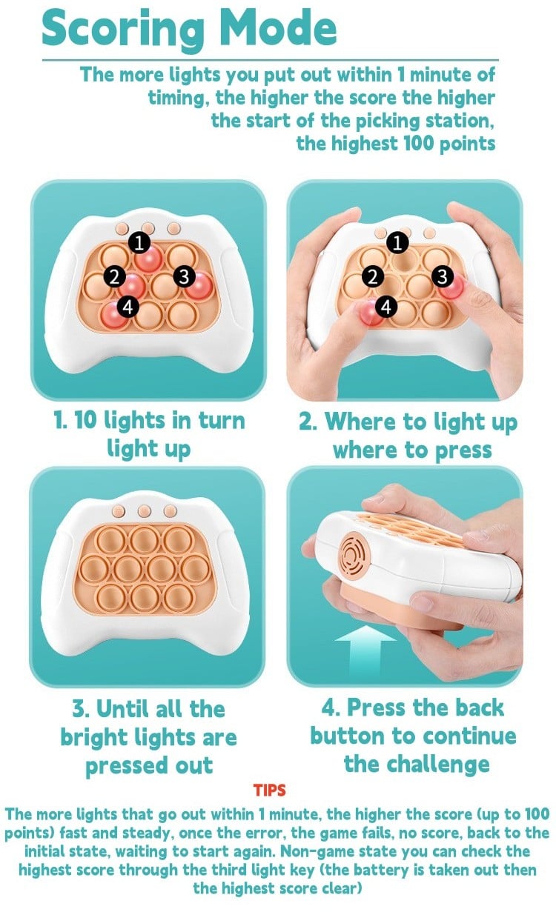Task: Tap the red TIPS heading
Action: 269,790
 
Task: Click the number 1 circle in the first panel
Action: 139,243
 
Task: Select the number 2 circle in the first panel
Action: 115,277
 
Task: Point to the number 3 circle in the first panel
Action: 184,276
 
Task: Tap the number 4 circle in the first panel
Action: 128,307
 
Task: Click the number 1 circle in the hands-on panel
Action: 397,243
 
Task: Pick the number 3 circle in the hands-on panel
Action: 443,276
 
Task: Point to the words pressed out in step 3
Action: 149,765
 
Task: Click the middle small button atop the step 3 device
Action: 145,511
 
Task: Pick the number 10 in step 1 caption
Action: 85,421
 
